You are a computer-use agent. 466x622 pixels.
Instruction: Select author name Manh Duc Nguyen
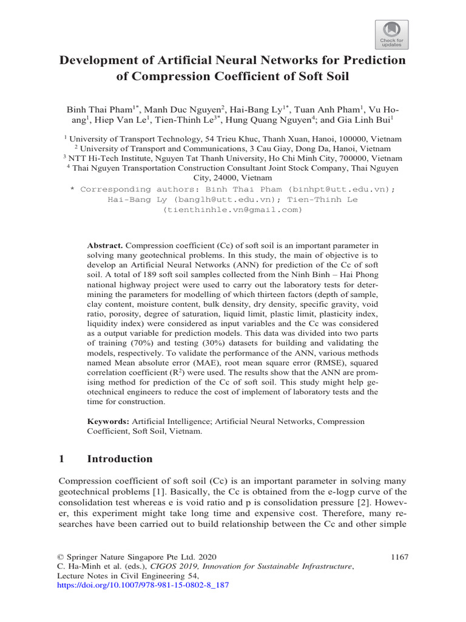173,110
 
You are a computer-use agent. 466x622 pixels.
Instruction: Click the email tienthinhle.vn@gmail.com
232,210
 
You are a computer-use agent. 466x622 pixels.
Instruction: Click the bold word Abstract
105,245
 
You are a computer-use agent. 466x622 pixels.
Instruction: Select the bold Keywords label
109,421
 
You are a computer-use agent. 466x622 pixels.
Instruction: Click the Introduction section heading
120,459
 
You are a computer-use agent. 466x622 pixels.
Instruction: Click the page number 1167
396,556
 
